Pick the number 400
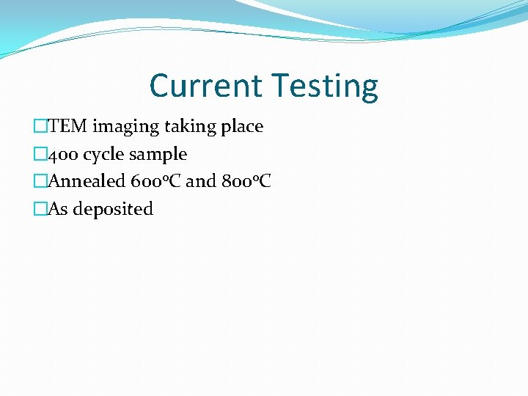point(64,155)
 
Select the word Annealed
point(86,181)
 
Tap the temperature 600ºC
point(155,181)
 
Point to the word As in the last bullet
point(58,209)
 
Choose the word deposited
point(113,210)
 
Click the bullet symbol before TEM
point(41,127)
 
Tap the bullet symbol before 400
point(41,155)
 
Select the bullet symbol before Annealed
point(41,181)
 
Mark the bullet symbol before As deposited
point(41,209)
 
